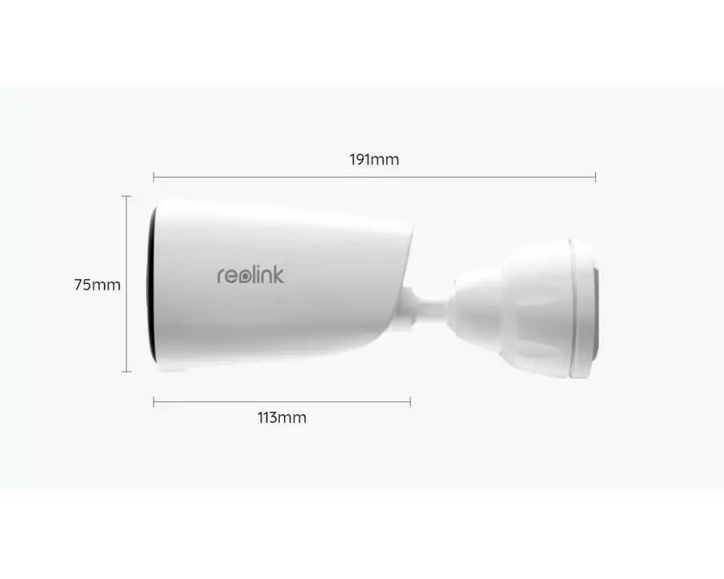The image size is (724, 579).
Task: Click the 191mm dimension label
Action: coord(374,160)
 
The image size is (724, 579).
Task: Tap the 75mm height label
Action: coord(97,285)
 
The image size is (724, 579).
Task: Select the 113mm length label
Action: coord(282,418)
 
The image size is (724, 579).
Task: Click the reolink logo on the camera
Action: coord(251,275)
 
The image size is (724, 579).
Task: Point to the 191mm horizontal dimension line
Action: coord(374,176)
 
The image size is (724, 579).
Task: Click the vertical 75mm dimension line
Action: coord(126,284)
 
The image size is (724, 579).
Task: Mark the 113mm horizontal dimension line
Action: coord(282,402)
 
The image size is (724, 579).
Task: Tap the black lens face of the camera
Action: coord(150,284)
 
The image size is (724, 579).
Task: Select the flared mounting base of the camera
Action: coord(522,308)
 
